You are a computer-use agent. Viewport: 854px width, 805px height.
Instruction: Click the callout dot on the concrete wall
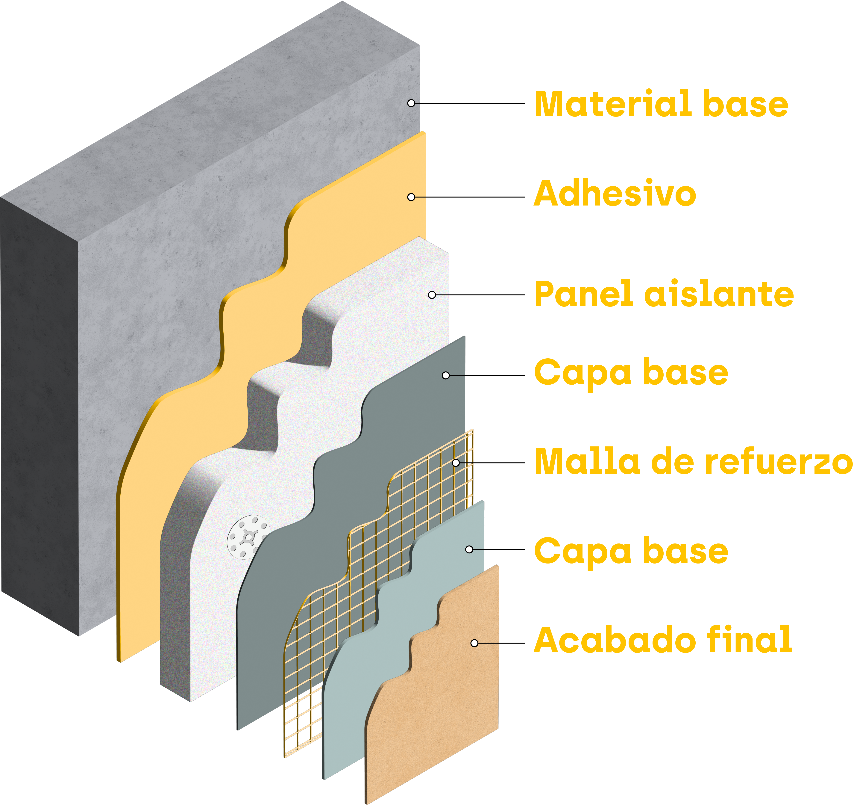coord(411,103)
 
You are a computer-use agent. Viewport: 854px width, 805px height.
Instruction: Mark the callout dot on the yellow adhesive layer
coord(411,197)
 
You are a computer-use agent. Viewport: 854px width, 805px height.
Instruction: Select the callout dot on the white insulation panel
coord(432,295)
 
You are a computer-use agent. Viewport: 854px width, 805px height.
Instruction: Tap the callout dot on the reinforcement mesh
coord(456,463)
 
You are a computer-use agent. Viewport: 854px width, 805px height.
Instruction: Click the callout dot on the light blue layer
coord(469,549)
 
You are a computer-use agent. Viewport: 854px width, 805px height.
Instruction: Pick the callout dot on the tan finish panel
coord(474,643)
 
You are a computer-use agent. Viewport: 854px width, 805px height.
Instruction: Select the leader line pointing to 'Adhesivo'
coord(468,197)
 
